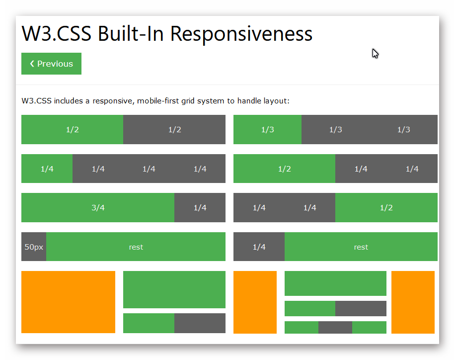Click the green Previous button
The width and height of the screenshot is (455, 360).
point(51,64)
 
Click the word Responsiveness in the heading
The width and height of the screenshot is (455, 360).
point(241,34)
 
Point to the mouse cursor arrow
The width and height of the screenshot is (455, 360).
point(375,53)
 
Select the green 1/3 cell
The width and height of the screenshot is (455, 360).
point(267,130)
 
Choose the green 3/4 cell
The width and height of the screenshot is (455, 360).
point(98,208)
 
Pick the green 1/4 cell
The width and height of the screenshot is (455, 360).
point(47,169)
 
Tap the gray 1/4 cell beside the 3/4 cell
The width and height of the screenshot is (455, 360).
point(200,208)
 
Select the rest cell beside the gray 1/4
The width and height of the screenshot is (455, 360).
point(361,247)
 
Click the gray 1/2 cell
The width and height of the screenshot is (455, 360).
point(174,130)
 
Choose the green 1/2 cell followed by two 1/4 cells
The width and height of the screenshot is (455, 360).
point(284,169)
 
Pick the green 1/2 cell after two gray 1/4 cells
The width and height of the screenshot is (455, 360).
point(386,208)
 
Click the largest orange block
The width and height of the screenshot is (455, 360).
point(68,302)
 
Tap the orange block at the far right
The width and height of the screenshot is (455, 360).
point(413,302)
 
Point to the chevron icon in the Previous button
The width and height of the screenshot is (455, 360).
point(32,64)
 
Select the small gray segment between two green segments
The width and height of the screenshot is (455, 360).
point(335,327)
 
